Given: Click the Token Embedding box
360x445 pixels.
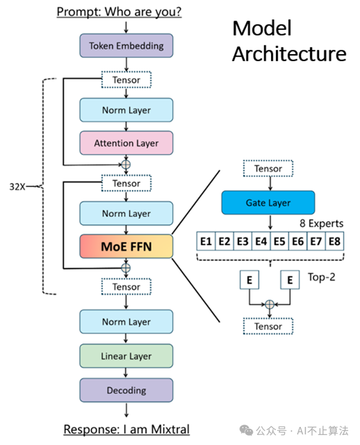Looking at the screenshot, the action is [x=126, y=45].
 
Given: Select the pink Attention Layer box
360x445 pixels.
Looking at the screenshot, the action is [x=126, y=143].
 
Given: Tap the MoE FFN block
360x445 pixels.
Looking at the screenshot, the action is [x=126, y=246].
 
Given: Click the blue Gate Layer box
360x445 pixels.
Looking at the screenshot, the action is [x=268, y=203].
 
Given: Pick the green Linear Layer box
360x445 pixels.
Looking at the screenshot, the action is [x=126, y=356].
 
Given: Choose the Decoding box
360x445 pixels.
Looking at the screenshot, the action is [x=126, y=390].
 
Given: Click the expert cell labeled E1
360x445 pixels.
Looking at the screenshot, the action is [x=206, y=241].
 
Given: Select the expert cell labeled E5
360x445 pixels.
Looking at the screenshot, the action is [x=280, y=241].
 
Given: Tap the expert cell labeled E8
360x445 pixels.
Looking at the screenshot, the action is [x=334, y=241].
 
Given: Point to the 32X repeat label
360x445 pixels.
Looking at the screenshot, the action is [x=17, y=187].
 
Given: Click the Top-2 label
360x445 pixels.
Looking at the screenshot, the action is [x=321, y=277].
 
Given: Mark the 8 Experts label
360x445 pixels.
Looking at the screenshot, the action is [x=321, y=223].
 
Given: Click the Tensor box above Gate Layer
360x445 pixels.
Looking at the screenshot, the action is [x=268, y=168].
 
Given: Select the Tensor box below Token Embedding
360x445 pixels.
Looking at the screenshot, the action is [x=126, y=80].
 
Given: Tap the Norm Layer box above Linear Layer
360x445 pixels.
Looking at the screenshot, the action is [x=126, y=322].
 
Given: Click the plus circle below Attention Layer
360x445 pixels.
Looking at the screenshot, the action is [x=126, y=165].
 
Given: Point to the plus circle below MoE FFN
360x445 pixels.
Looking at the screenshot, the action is [x=126, y=268].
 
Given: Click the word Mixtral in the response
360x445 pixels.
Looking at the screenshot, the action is [x=170, y=429].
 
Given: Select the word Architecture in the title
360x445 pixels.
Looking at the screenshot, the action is [x=290, y=54].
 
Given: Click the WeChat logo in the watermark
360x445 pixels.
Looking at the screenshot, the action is [x=246, y=431].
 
